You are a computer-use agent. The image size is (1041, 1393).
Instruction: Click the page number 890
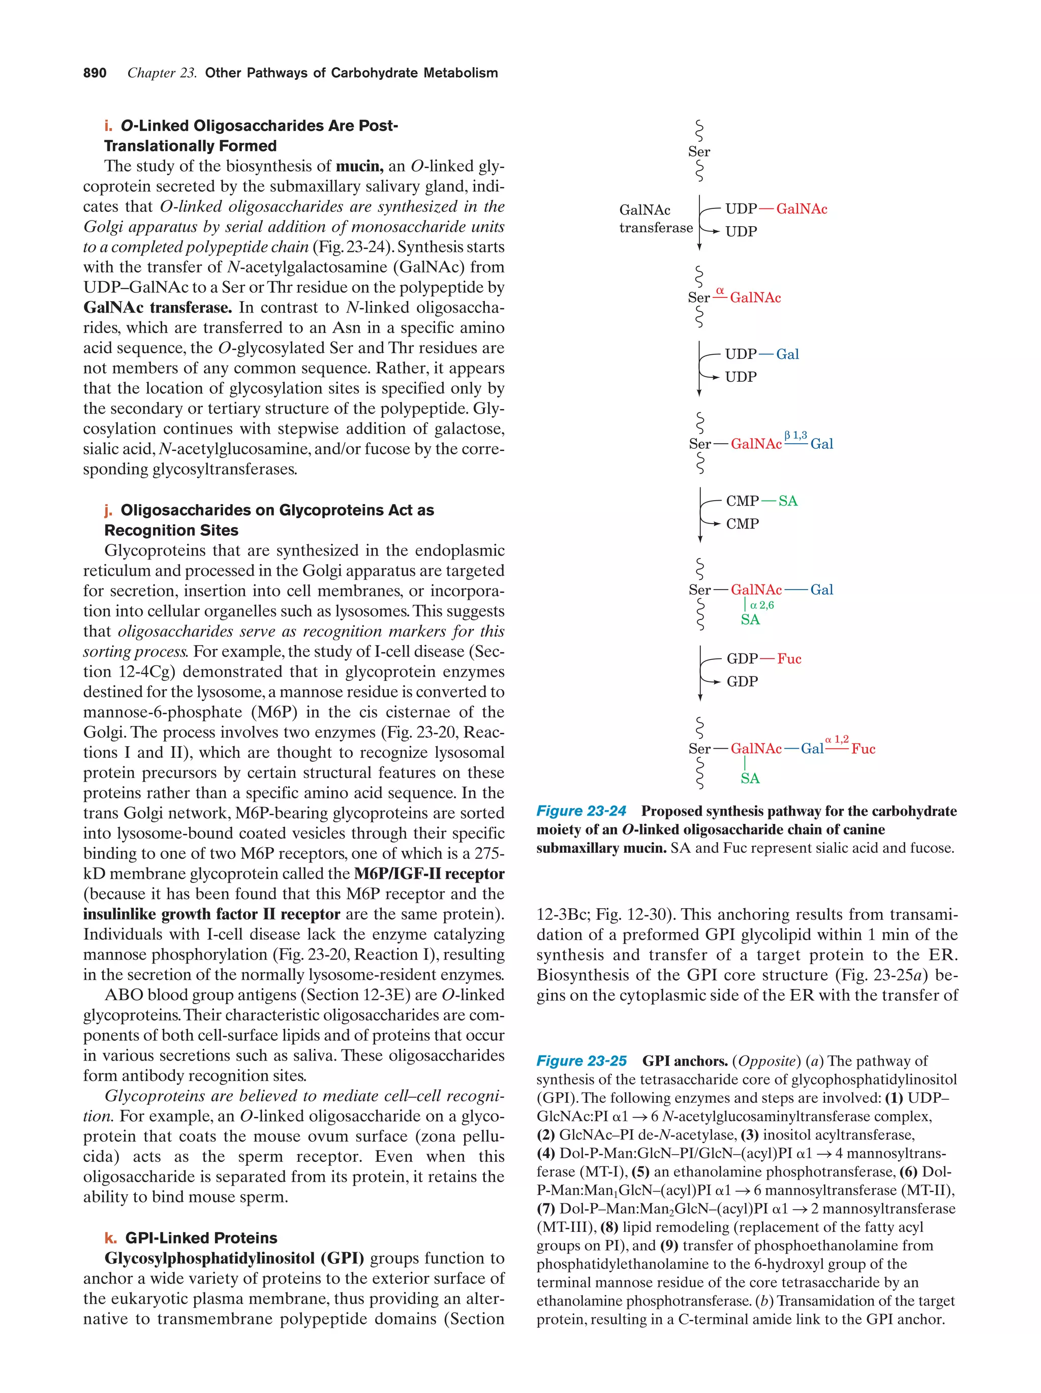95,73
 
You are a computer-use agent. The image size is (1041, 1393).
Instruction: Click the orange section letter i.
108,126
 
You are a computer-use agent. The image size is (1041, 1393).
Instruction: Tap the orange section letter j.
108,510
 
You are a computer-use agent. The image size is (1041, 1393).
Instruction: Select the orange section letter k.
110,1237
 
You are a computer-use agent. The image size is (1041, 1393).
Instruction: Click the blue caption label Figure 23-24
580,811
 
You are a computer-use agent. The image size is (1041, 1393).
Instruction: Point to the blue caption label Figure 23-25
580,1061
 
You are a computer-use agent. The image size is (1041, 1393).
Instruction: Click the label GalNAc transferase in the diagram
655,219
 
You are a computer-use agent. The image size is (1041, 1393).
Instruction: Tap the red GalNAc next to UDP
801,209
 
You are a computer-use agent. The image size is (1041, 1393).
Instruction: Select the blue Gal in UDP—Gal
787,355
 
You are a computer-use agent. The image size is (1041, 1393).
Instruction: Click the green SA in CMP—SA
788,501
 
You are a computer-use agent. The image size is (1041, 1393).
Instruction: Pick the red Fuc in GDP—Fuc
788,659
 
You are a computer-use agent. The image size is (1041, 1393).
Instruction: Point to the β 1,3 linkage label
795,435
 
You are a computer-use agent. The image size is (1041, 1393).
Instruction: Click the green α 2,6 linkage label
762,605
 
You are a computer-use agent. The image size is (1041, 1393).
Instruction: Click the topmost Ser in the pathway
698,152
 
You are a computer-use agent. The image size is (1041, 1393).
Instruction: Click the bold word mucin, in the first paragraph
359,166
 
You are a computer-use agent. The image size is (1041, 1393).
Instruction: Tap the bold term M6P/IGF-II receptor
429,874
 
